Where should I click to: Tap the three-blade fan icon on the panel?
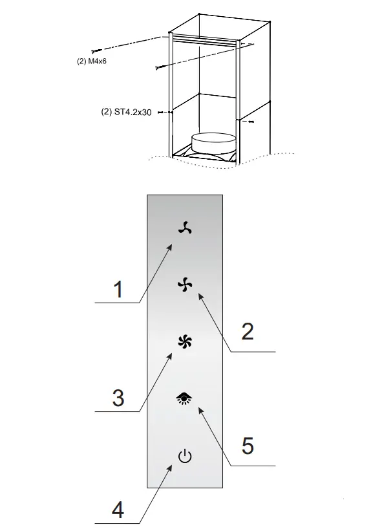pyautogui.click(x=185, y=227)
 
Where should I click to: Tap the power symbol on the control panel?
pyautogui.click(x=185, y=457)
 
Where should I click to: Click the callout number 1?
pyautogui.click(x=118, y=289)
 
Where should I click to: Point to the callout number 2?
pyautogui.click(x=247, y=332)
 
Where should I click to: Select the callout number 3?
pyautogui.click(x=118, y=398)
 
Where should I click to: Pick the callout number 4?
pyautogui.click(x=118, y=510)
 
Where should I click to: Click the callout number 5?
pyautogui.click(x=247, y=446)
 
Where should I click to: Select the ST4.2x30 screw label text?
pyautogui.click(x=127, y=112)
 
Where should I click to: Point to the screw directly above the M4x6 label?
pyautogui.click(x=96, y=50)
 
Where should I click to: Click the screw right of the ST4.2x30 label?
pyautogui.click(x=161, y=113)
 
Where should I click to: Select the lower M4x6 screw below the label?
pyautogui.click(x=158, y=67)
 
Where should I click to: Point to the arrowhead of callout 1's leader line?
pyautogui.click(x=172, y=246)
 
